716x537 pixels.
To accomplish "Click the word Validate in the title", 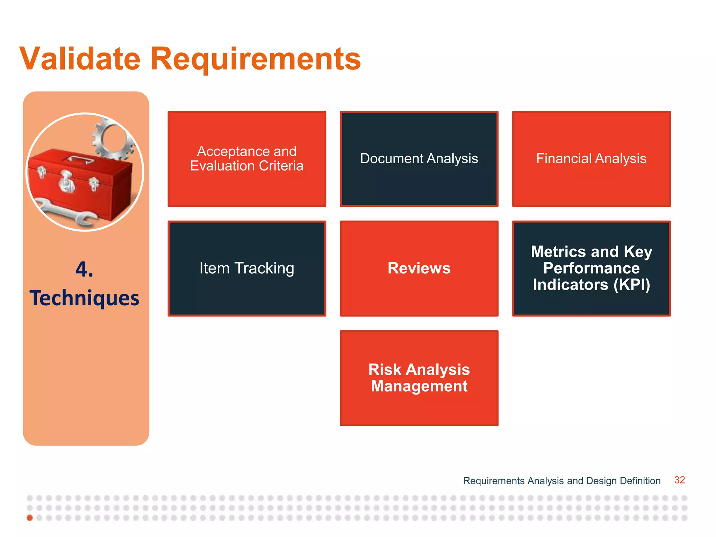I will tap(80, 58).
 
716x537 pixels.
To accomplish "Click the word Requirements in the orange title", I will tap(255, 58).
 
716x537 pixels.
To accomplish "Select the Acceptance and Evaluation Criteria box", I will tap(247, 159).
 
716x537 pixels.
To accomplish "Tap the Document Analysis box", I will tap(419, 159).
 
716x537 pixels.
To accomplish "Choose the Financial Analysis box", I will tap(591, 159).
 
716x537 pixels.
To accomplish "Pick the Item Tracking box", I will tap(247, 268).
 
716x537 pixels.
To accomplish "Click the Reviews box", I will tap(419, 268).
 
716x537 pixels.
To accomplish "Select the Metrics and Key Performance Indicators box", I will tap(591, 268).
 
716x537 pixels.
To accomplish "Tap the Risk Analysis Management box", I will tap(419, 378).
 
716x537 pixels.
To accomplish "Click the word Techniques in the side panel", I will tap(84, 298).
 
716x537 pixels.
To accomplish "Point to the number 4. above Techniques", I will tap(84, 269).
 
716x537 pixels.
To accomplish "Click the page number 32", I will tap(679, 480).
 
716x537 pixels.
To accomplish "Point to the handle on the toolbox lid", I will tap(80, 159).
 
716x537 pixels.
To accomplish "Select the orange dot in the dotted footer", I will tap(30, 518).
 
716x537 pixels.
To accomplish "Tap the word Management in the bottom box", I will tap(419, 386).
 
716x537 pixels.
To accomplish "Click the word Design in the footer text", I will tap(601, 481).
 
